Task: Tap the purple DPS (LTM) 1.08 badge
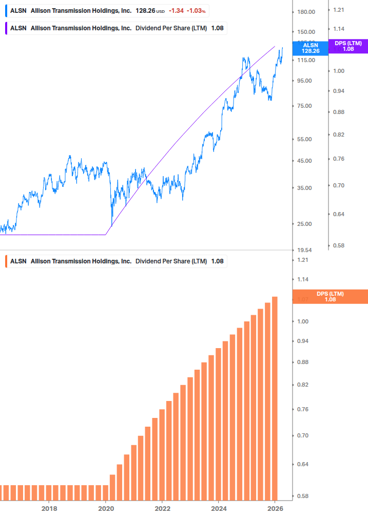[x=348, y=46]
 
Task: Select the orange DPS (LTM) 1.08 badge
[x=330, y=297]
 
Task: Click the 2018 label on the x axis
[x=49, y=508]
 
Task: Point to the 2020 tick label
[x=105, y=508]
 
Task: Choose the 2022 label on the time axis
[x=162, y=508]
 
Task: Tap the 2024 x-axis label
[x=219, y=508]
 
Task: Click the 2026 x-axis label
[x=275, y=508]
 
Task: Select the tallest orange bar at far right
[x=275, y=395]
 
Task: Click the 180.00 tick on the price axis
[x=306, y=12]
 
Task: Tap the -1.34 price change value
[x=176, y=11]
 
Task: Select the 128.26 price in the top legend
[x=145, y=11]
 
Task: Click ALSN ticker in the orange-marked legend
[x=18, y=261]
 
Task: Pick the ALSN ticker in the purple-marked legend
[x=18, y=28]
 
